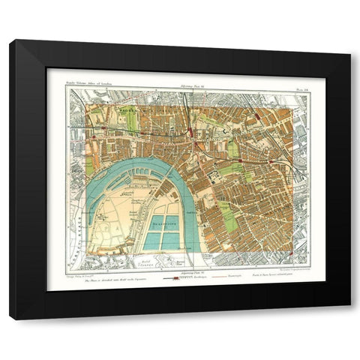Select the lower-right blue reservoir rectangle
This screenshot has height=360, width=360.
pos(171,241)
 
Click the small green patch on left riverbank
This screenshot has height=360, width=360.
pos(91,166)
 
